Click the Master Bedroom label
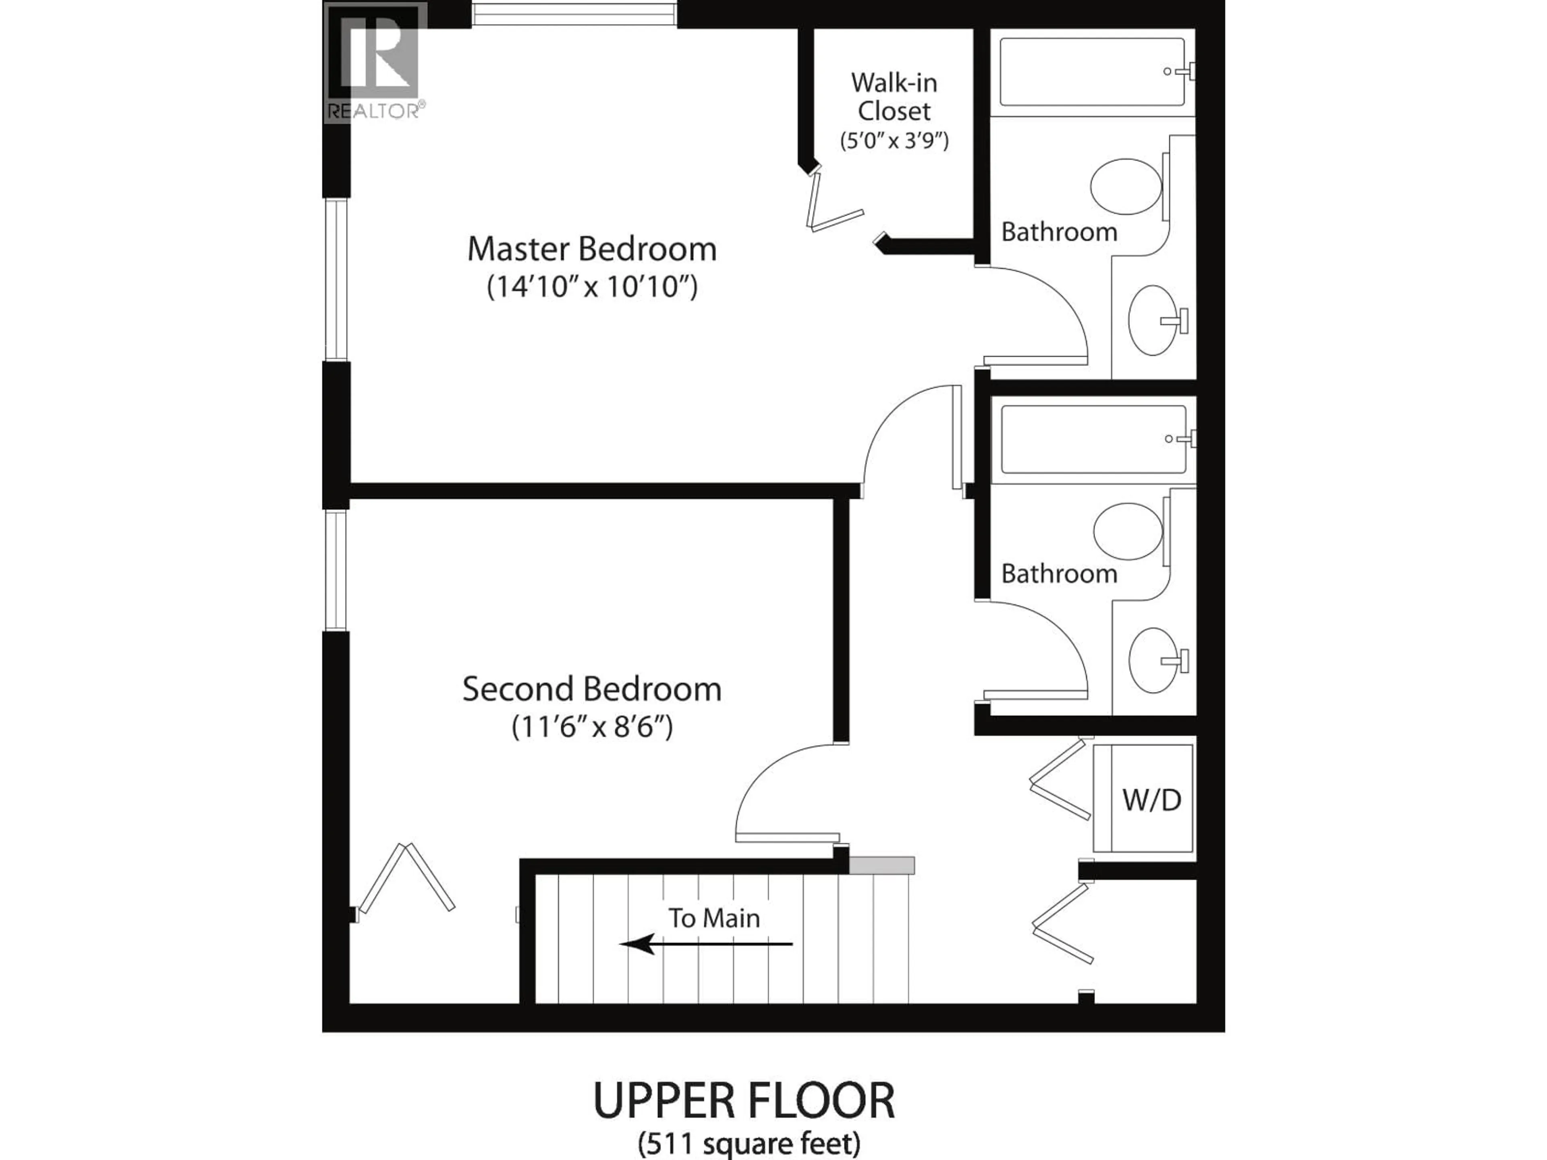point(592,249)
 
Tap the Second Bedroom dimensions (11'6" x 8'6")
point(592,727)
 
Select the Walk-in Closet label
point(894,97)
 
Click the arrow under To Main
point(706,944)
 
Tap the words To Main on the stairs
point(713,918)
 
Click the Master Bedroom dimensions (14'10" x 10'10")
point(592,287)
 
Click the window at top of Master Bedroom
point(574,14)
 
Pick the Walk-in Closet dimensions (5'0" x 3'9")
point(894,141)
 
